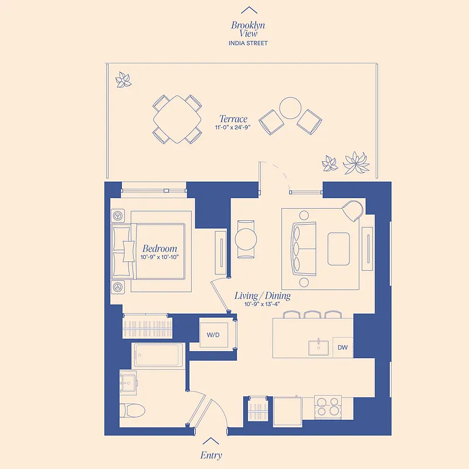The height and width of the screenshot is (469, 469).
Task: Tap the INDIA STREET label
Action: [249, 43]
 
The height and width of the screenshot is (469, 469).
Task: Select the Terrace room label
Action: [233, 119]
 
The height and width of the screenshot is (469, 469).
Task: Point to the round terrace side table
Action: [290, 108]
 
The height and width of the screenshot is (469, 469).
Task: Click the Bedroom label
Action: [159, 249]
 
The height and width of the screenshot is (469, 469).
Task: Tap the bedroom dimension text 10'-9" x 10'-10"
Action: [159, 257]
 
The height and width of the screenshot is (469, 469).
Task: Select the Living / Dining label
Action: [262, 296]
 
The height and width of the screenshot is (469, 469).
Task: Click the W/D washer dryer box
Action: [213, 335]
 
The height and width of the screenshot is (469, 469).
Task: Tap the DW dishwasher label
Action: [342, 347]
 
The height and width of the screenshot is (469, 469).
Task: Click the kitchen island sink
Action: [320, 346]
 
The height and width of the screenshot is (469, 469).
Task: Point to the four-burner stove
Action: [328, 406]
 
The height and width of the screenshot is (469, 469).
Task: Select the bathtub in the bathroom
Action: [157, 356]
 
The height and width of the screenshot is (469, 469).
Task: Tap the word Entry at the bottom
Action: [211, 455]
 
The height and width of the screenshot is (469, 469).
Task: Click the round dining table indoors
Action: [246, 239]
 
